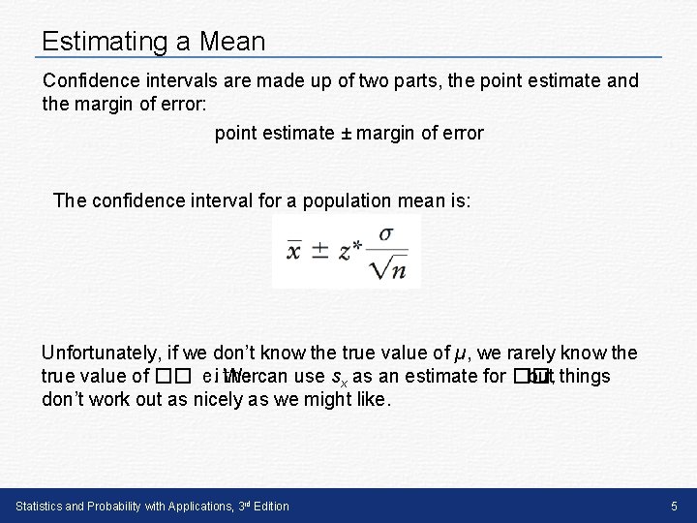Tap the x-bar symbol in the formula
click(295, 250)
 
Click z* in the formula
click(351, 251)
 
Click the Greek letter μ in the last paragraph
click(468, 354)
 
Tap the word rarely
click(551, 354)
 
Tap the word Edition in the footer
click(267, 507)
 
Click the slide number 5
click(674, 506)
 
